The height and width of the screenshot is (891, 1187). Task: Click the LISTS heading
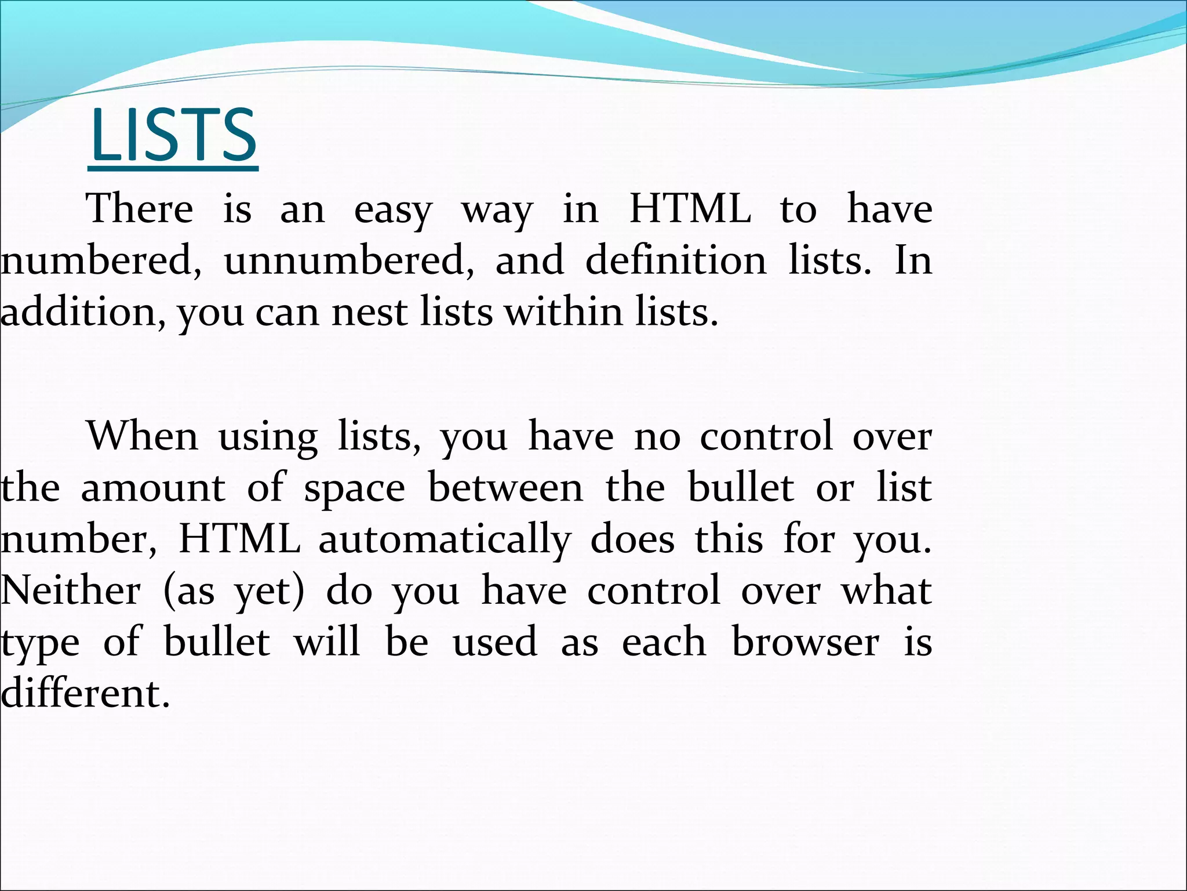[173, 136]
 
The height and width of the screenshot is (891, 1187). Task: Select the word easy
[393, 211]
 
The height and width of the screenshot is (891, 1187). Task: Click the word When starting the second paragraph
[143, 436]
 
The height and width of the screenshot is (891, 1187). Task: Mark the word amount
[153, 488]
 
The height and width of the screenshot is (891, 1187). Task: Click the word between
[505, 488]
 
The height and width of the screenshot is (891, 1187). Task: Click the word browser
[806, 642]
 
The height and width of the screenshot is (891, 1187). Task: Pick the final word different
[86, 693]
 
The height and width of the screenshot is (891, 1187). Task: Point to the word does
[632, 539]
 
